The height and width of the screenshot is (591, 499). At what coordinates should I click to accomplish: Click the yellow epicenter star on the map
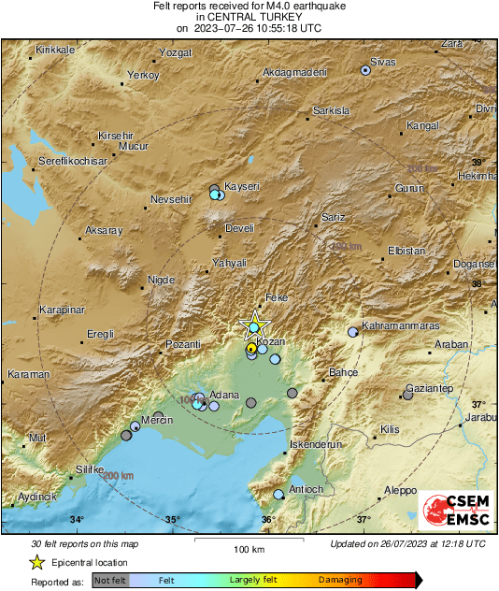point(254,326)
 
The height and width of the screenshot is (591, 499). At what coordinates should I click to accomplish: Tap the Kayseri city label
point(242,186)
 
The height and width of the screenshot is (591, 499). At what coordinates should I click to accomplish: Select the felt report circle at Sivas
point(366,70)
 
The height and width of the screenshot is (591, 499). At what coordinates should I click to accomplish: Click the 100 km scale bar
point(249,541)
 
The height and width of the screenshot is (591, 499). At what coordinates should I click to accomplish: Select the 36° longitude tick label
point(268,520)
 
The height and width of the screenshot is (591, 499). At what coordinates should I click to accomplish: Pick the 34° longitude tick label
point(77,520)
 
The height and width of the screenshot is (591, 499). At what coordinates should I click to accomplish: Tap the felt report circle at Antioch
point(278,494)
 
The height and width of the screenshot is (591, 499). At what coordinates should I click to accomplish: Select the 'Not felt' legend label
point(111,580)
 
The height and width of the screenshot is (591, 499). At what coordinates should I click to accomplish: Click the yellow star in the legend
point(36,562)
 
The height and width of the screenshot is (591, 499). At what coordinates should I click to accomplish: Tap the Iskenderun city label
point(312,445)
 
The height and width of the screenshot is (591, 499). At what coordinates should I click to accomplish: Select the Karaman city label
point(28,374)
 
